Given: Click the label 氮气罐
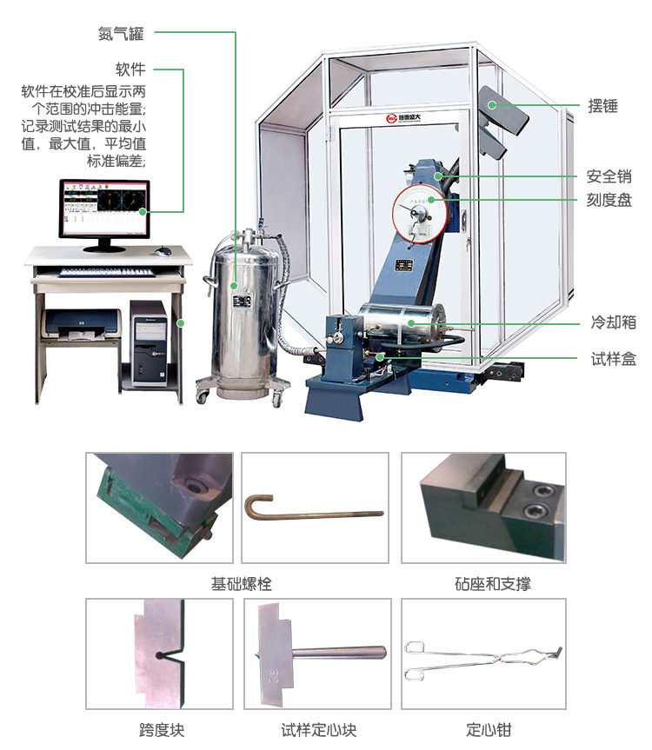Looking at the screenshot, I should (120, 34).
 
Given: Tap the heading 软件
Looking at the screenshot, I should (130, 70).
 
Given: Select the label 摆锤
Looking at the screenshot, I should (602, 106).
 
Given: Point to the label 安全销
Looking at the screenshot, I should (609, 176).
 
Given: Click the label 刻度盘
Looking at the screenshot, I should (609, 201).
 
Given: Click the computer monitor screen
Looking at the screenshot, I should (103, 209).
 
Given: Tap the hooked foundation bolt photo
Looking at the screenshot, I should (314, 508).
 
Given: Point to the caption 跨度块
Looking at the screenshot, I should (162, 730).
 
